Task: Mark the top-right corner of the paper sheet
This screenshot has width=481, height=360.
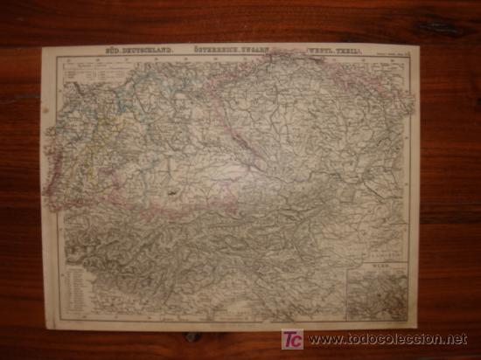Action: (x=417, y=46)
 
